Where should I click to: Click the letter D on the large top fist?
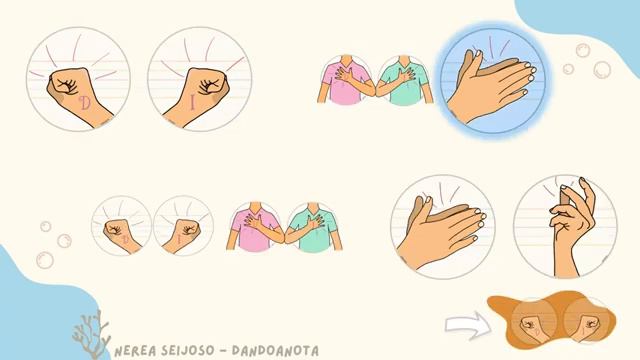[83, 103]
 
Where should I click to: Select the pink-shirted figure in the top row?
[344, 80]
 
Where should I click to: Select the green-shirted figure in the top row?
[401, 80]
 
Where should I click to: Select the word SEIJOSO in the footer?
[192, 351]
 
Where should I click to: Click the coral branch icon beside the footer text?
[92, 335]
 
